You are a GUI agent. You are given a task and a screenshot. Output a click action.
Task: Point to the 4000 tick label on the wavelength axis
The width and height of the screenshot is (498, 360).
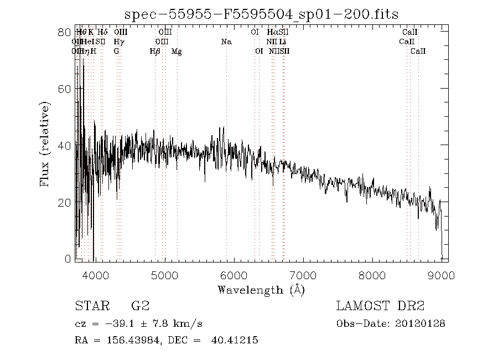(x=95, y=276)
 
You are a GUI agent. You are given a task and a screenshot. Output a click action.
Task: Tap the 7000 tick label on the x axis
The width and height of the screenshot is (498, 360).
(x=303, y=276)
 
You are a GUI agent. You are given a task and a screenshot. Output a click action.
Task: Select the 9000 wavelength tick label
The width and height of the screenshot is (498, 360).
(x=442, y=276)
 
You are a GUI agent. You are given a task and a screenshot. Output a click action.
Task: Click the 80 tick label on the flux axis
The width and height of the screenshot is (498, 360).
(x=65, y=32)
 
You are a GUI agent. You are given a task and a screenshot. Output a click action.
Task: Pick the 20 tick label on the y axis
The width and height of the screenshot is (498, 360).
(x=65, y=203)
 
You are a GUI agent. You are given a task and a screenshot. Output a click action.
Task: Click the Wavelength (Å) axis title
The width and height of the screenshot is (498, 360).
(x=261, y=290)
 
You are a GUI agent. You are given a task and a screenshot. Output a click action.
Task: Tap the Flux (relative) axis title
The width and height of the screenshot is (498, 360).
(x=45, y=145)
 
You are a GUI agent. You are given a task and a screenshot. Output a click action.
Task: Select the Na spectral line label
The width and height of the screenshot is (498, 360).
(x=226, y=42)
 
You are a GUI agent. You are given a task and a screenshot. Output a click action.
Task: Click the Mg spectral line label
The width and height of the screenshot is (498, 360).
(x=177, y=52)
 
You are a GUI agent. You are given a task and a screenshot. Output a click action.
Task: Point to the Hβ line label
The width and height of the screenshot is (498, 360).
(x=155, y=52)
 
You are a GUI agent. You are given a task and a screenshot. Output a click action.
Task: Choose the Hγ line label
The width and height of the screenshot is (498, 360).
(x=118, y=42)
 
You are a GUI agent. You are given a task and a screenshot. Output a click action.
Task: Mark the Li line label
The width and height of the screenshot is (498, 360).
(x=283, y=42)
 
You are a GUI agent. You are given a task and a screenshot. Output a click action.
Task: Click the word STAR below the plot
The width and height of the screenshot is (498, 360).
(x=89, y=306)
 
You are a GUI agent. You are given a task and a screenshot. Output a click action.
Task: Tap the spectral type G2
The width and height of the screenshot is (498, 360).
(x=139, y=306)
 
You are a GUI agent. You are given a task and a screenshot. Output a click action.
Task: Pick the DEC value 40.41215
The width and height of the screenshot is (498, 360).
(x=234, y=340)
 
